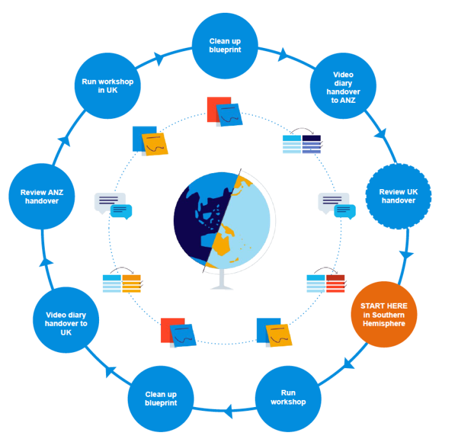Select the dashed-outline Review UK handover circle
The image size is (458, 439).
(397, 196)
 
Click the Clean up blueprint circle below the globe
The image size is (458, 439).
(160, 398)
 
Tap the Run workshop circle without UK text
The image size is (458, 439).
(288, 397)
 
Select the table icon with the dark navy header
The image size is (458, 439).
(302, 144)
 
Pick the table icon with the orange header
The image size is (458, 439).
(122, 283)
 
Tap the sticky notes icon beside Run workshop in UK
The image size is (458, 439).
(151, 141)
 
